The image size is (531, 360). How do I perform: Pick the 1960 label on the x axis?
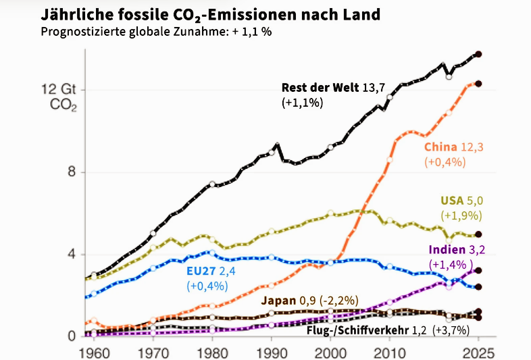[93, 352]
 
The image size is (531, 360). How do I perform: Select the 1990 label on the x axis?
[272, 352]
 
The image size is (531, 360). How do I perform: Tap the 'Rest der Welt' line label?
[314, 88]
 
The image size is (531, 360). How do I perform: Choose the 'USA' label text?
[452, 201]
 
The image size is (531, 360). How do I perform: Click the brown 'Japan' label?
[277, 300]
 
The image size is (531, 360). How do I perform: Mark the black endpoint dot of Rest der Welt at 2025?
[478, 54]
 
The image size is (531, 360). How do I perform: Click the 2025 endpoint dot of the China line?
[478, 84]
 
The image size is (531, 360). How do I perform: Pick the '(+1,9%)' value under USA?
[461, 216]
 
